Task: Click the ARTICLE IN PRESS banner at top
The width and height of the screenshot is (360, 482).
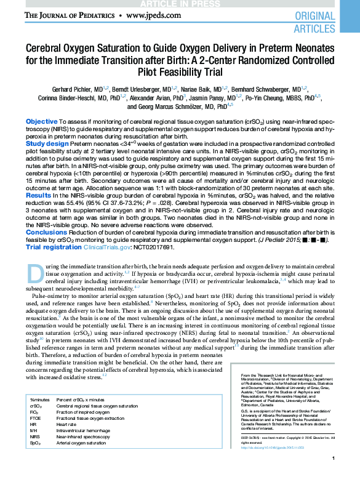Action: [x=180, y=3]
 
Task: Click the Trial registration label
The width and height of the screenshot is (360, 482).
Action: [x=54, y=247]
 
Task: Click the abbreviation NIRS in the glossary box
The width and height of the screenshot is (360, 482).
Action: [x=36, y=437]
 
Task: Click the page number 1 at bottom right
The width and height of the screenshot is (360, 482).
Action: [x=332, y=476]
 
